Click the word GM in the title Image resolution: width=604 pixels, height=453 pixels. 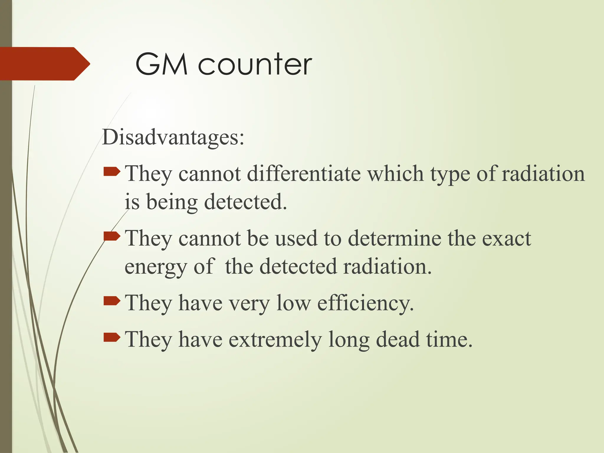coord(161,64)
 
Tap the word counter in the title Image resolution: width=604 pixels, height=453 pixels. coord(255,65)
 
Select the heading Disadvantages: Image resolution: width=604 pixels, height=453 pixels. coord(173,137)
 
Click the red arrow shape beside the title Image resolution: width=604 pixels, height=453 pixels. coord(44,64)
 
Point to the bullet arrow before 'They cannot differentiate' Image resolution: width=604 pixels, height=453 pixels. coord(112,171)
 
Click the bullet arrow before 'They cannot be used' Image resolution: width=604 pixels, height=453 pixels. coord(112,236)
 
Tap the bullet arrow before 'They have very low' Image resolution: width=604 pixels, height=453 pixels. coord(112,301)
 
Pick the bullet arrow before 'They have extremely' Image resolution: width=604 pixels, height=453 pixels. coord(112,337)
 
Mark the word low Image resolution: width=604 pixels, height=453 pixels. coord(293,303)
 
